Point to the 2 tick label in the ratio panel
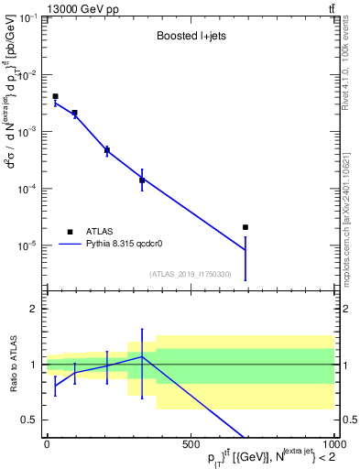pos(34,309)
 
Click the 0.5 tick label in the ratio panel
pos(30,420)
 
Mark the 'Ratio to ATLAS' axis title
pos(12,364)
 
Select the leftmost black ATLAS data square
pos(55,96)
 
